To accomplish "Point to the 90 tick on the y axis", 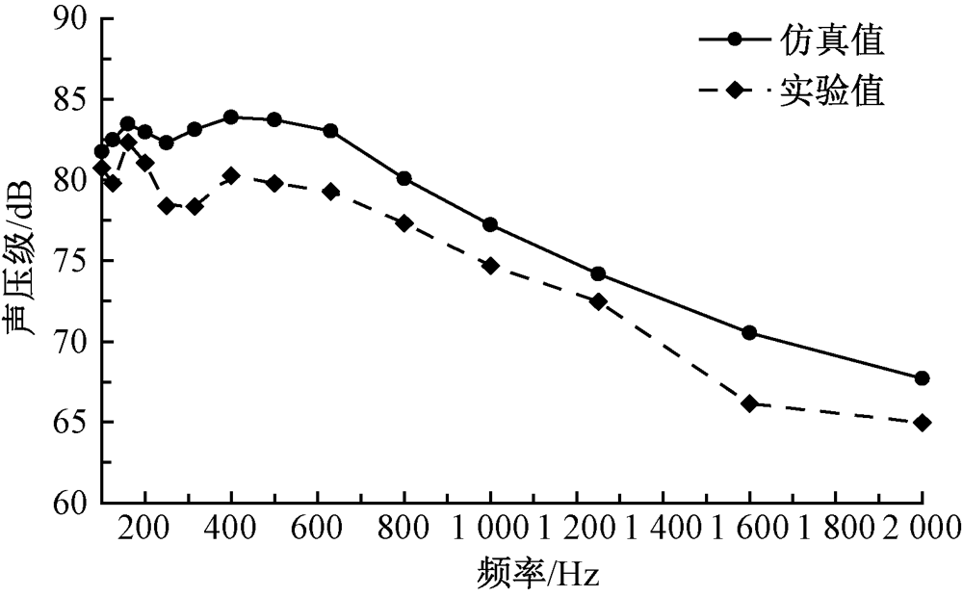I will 69,19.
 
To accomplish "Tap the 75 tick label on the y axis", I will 69,261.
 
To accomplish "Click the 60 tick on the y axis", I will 69,503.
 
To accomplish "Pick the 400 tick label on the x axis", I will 231,529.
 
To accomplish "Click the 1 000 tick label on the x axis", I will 490,529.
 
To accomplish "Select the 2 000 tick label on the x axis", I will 920,529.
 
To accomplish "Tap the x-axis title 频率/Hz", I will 539,575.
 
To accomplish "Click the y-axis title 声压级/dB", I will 21,260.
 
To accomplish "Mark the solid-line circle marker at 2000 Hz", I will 923,378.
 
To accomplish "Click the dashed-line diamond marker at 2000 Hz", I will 923,423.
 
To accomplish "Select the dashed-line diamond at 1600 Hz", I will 749,403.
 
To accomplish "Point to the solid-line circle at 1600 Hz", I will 749,333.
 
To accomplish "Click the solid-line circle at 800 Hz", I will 404,178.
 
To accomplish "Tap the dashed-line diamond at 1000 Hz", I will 490,266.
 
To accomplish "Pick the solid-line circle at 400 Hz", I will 231,117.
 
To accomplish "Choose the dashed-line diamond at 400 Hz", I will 231,176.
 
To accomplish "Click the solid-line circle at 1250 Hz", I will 598,273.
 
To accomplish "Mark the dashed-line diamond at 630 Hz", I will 330,192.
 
